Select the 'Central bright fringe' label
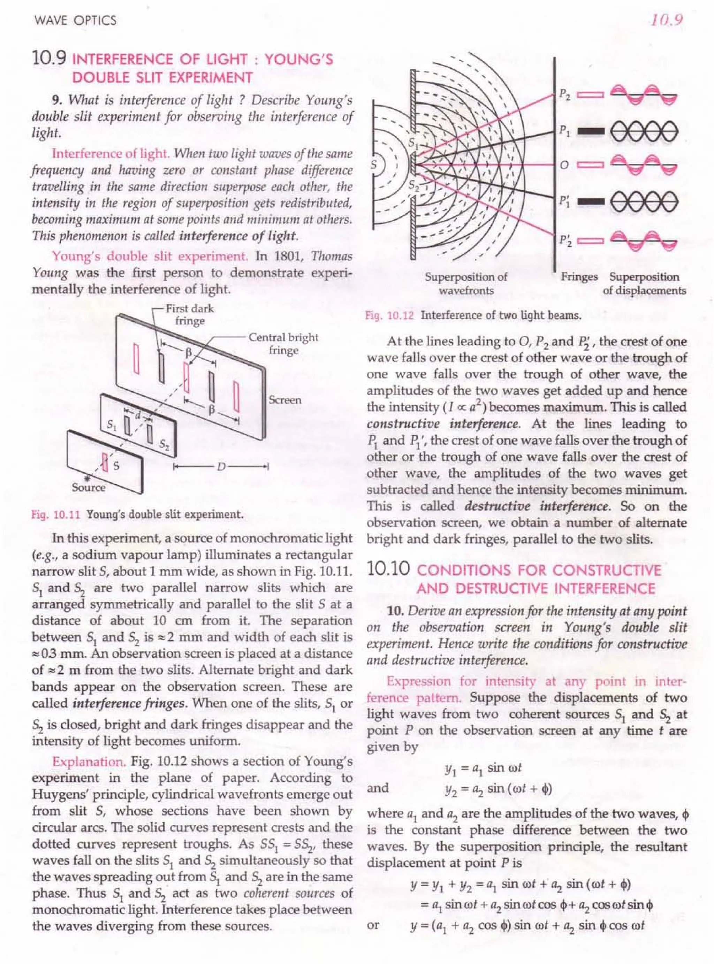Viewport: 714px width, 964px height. (283, 344)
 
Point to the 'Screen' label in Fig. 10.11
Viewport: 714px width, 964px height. (285, 400)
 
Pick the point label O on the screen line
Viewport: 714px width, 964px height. (564, 166)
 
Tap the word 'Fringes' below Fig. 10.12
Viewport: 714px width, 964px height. (579, 277)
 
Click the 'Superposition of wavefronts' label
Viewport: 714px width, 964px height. (465, 283)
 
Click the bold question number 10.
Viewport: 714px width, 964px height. (395, 611)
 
